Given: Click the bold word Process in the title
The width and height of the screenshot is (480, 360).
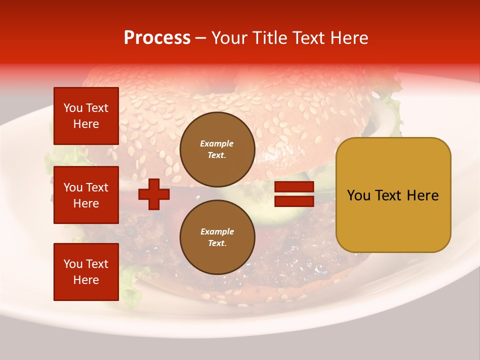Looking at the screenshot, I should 157,38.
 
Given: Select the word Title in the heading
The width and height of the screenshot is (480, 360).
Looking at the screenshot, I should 269,38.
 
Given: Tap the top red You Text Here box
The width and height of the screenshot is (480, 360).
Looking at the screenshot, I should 86,116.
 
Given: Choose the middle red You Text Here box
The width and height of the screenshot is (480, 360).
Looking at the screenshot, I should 86,195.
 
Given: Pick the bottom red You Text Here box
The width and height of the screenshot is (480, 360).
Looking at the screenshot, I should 86,272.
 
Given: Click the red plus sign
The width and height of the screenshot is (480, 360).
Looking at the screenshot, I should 154,194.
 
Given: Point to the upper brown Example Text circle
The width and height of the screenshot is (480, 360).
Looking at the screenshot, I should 217,149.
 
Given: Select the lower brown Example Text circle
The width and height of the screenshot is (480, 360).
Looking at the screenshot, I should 217,237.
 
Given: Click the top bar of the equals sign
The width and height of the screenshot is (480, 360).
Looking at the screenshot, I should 294,187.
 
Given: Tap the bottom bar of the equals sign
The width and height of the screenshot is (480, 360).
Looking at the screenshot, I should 294,201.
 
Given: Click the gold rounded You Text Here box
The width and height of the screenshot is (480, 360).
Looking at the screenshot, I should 393,195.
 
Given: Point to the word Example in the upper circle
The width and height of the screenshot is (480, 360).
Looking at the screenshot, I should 217,143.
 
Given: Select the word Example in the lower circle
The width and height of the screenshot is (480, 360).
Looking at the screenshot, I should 217,231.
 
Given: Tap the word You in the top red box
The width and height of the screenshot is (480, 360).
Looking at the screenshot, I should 72,108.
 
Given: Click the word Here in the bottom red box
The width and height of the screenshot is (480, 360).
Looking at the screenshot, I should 86,280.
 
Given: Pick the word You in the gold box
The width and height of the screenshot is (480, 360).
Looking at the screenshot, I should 358,195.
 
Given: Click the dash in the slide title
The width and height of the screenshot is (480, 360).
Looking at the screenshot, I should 201,38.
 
